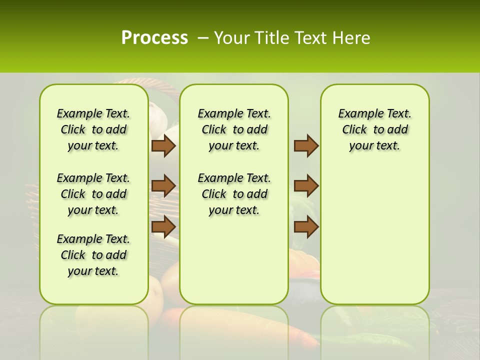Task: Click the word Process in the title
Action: [154, 37]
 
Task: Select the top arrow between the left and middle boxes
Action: [163, 145]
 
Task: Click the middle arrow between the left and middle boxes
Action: [163, 186]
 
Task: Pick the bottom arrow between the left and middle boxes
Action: [163, 226]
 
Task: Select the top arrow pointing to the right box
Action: [306, 145]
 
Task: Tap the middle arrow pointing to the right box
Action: [306, 186]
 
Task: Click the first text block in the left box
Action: [93, 129]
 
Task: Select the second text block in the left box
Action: [93, 194]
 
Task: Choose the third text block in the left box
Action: [93, 255]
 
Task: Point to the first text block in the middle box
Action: [234, 129]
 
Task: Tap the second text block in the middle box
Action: [234, 194]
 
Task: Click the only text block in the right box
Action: [374, 129]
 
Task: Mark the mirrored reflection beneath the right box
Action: [374, 330]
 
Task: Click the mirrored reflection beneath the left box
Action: [93, 330]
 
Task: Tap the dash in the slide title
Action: [203, 38]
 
